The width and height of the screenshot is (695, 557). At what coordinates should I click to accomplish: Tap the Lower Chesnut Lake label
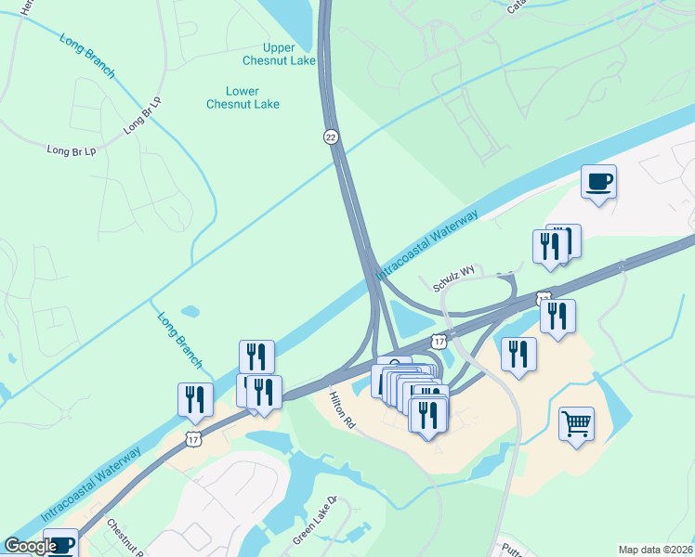click(243, 97)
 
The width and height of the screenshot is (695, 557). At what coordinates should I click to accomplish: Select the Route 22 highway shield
click(331, 136)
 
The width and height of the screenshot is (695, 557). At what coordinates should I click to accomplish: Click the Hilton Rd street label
click(343, 408)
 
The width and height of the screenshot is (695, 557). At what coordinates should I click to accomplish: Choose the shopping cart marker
click(576, 424)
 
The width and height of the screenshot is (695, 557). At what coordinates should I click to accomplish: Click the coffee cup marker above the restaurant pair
click(598, 180)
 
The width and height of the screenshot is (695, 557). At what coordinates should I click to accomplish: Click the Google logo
click(30, 547)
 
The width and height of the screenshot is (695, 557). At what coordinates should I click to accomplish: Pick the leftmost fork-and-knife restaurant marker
click(195, 399)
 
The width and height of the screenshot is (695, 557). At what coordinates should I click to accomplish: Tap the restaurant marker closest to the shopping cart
click(518, 354)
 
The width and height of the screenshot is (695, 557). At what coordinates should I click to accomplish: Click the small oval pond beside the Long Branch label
click(190, 311)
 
